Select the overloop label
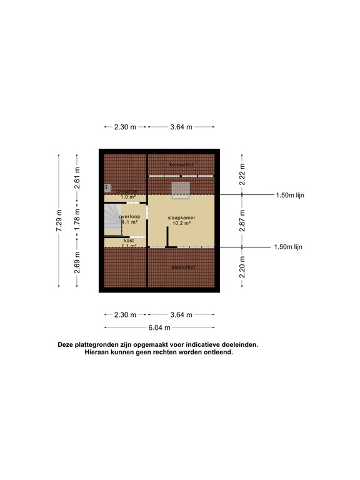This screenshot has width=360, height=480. (x=130, y=216)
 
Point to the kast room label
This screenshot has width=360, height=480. (x=129, y=241)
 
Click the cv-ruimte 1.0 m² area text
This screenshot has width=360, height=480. (x=128, y=197)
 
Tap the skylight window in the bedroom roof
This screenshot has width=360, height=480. (x=181, y=189)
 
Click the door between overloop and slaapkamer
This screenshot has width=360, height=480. (x=147, y=213)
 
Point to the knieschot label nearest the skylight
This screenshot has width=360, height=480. (x=181, y=164)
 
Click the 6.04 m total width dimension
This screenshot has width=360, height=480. (x=159, y=327)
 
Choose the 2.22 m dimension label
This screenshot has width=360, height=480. (x=242, y=172)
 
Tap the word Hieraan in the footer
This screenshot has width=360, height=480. (x=99, y=352)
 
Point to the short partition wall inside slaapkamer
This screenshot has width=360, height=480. (x=167, y=237)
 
